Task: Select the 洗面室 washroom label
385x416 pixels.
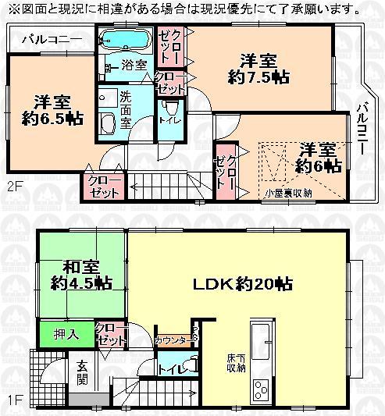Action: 126,108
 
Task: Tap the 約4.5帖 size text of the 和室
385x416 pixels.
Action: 80,282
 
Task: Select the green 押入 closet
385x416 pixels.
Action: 65,334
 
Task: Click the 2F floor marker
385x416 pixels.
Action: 15,187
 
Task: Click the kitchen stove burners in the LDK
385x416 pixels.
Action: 261,389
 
